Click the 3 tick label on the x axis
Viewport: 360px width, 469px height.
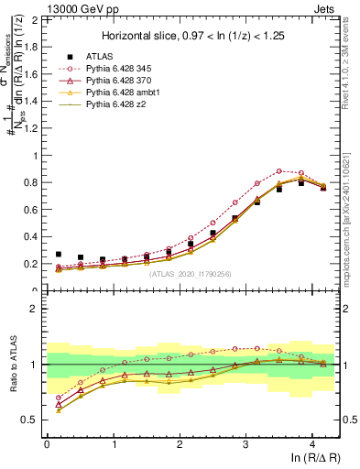[x=245, y=445]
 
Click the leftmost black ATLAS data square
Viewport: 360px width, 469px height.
[x=59, y=255]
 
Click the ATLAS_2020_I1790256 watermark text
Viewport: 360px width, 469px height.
[x=190, y=273]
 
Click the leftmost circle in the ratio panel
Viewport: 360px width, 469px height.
[x=59, y=398]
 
